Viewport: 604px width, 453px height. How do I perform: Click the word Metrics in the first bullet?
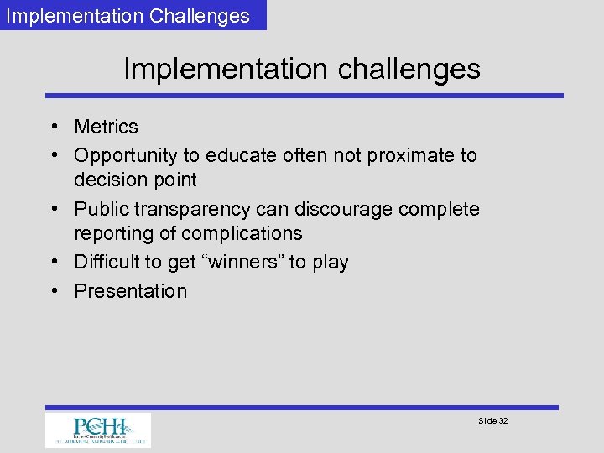[106, 127]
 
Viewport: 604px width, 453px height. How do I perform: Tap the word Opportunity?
[125, 156]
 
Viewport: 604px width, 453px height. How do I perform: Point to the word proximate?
[406, 156]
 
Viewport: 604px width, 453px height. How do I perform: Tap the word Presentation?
[130, 291]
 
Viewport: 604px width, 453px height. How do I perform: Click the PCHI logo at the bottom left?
[98, 430]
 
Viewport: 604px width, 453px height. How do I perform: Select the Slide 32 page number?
[492, 420]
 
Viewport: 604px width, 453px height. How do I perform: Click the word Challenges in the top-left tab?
[202, 16]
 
